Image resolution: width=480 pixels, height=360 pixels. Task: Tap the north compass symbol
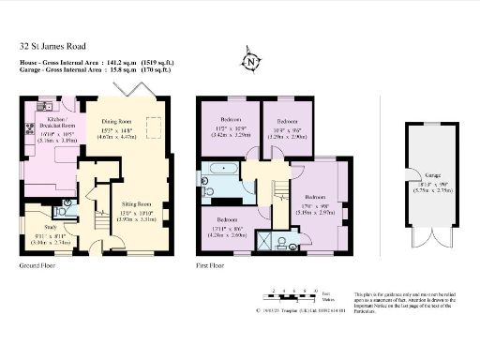[x=250, y=61]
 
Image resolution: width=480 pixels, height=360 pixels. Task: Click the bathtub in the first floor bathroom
[x=224, y=170]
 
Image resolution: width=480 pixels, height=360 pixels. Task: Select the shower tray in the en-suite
[x=265, y=242]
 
